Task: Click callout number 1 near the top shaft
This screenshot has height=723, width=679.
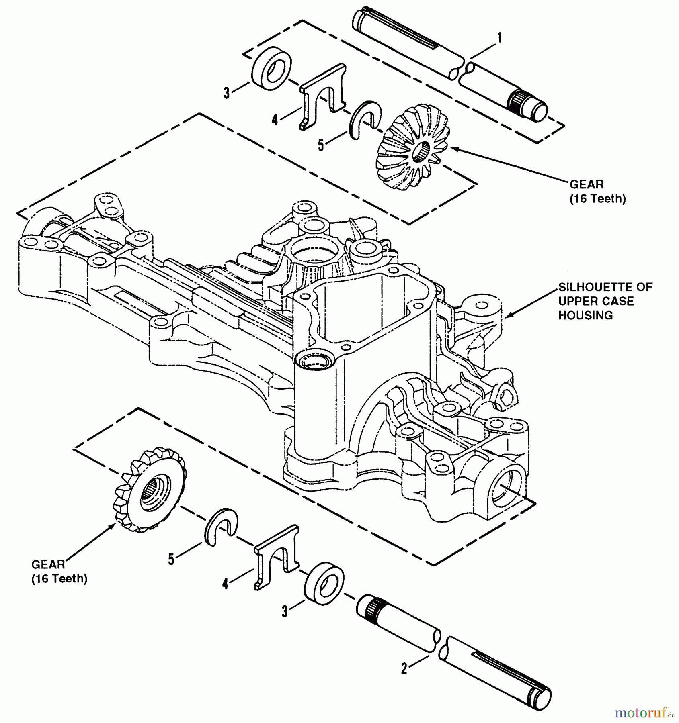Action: [x=499, y=39]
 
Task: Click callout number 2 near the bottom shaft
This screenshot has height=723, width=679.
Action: [x=404, y=668]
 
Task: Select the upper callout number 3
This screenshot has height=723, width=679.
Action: [x=227, y=93]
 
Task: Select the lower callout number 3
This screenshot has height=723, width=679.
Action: [x=285, y=612]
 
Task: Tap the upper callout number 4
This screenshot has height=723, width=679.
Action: [x=275, y=120]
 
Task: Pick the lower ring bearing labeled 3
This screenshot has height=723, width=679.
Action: [x=324, y=581]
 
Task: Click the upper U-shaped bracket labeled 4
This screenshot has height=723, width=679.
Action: [x=324, y=96]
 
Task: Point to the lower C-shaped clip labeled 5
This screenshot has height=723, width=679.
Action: [x=219, y=527]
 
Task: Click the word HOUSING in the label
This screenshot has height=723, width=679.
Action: [x=585, y=315]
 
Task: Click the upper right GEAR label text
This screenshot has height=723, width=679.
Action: [x=587, y=184]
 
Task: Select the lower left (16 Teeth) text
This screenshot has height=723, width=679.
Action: [x=59, y=579]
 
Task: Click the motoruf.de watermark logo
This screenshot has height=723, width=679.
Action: [x=644, y=713]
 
